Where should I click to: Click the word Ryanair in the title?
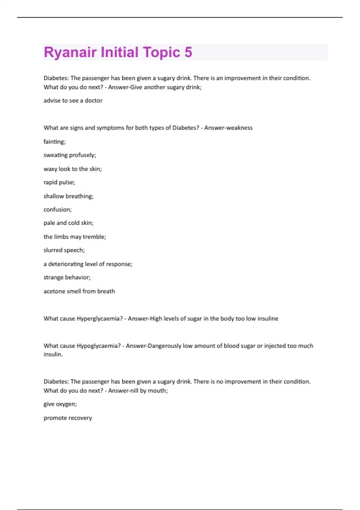[70, 52]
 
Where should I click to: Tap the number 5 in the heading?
[188, 52]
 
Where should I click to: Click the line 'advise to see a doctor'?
[73, 100]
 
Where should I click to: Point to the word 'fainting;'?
[55, 142]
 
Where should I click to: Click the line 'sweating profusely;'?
[70, 155]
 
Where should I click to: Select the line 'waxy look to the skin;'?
[73, 169]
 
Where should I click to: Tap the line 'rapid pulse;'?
[59, 182]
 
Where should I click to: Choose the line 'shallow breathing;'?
[68, 196]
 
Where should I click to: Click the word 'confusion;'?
[58, 209]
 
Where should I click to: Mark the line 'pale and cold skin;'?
[68, 223]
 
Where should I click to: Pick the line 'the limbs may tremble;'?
[75, 237]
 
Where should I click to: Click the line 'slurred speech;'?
[64, 250]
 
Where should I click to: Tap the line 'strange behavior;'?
[67, 277]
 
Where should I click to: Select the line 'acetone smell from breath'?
[79, 291]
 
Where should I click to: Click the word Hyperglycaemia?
[100, 319]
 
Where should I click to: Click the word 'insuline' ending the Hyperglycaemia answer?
[268, 319]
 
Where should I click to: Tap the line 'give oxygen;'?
[60, 404]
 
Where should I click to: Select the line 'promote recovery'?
[68, 418]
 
